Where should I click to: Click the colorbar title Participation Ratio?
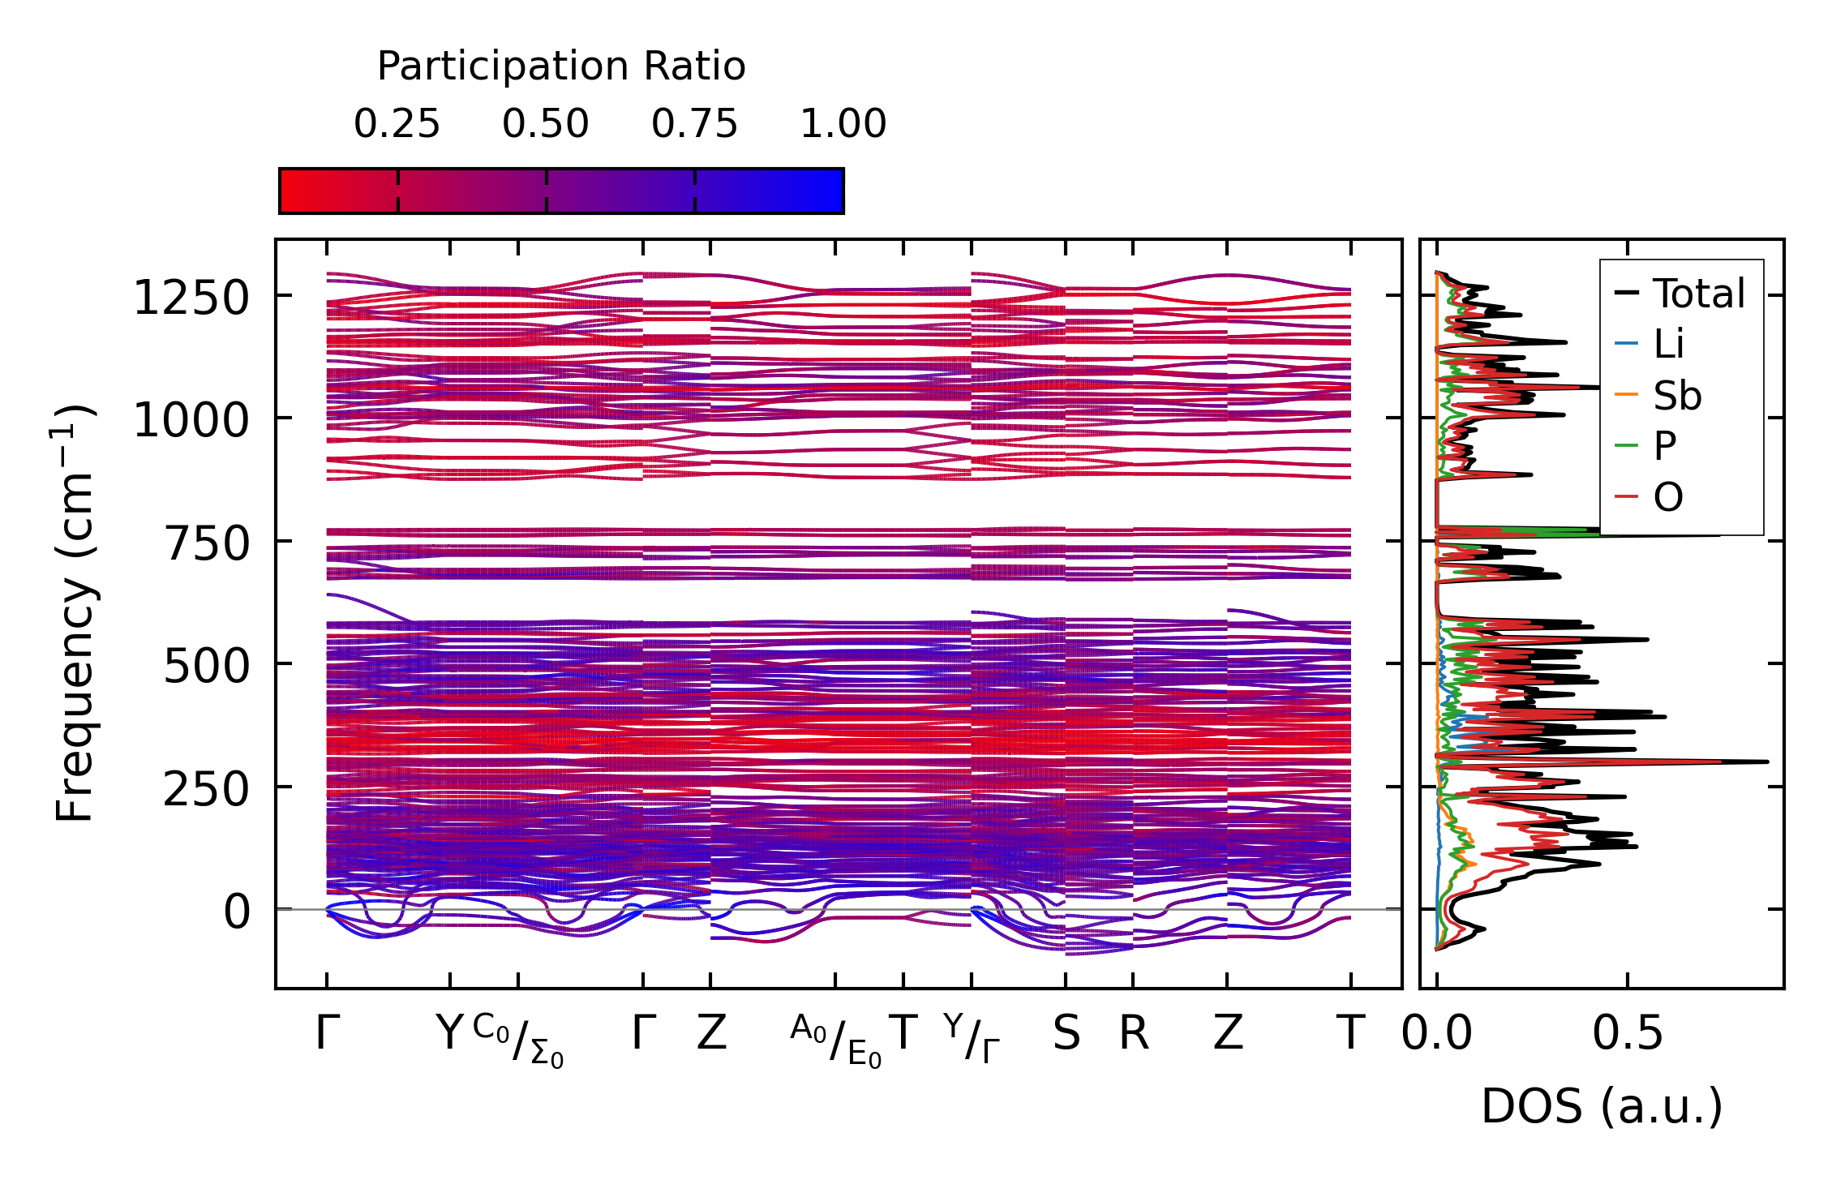[561, 67]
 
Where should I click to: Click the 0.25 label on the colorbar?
[397, 124]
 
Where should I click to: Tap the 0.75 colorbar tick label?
[694, 124]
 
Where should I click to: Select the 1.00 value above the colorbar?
[843, 124]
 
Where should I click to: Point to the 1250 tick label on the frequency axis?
[191, 298]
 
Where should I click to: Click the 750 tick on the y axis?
[208, 543]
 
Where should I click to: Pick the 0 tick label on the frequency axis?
[237, 912]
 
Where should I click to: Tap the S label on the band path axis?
[1066, 1034]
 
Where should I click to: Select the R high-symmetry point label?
[1134, 1034]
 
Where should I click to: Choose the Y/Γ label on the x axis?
[972, 1039]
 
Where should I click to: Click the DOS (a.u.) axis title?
[1602, 1106]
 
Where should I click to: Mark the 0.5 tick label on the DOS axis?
[1627, 1034]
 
